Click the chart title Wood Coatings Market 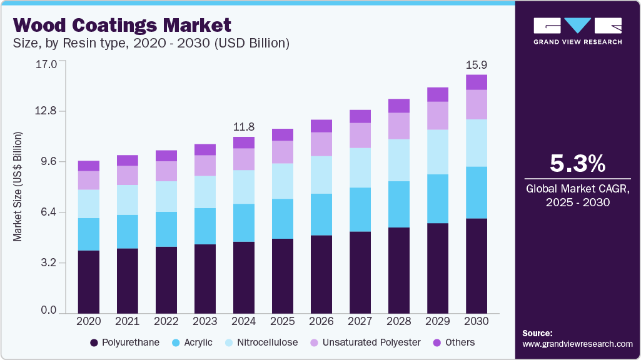[x=122, y=25]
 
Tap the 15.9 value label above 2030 [x=477, y=65]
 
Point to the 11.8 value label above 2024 [x=244, y=127]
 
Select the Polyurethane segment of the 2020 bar [x=88, y=281]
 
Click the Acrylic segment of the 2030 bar [x=477, y=192]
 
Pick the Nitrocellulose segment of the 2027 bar [x=360, y=167]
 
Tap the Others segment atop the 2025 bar [x=283, y=134]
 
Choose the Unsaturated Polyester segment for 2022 [x=166, y=171]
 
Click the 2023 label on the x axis [x=205, y=321]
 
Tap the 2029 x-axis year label [x=438, y=321]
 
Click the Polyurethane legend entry [x=124, y=342]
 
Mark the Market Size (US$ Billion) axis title [x=18, y=186]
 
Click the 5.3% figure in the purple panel [x=577, y=164]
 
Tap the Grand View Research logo [x=577, y=31]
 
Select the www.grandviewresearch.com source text [x=577, y=344]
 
